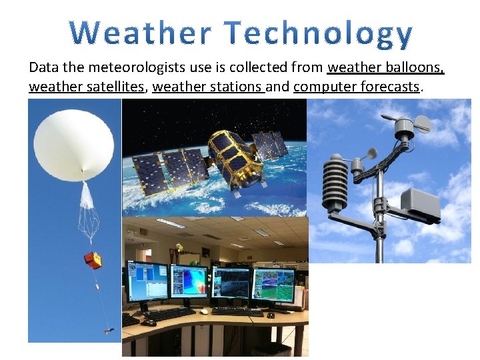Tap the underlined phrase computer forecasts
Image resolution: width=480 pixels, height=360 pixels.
click(357, 87)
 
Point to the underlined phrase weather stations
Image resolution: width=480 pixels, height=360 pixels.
click(208, 87)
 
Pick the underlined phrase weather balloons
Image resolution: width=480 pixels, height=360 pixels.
click(385, 68)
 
